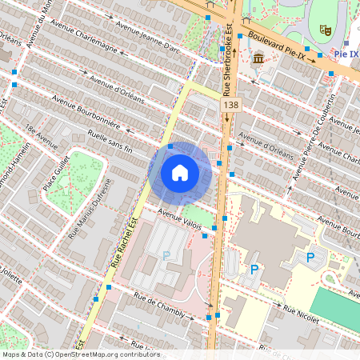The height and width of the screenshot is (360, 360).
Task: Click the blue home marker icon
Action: point(180,172)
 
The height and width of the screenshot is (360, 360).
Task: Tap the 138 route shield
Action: point(231,105)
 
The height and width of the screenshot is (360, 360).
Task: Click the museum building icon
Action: point(258,59)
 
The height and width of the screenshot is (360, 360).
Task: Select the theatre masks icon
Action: point(326,29)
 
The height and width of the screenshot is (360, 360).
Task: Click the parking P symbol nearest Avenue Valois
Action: point(166,255)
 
